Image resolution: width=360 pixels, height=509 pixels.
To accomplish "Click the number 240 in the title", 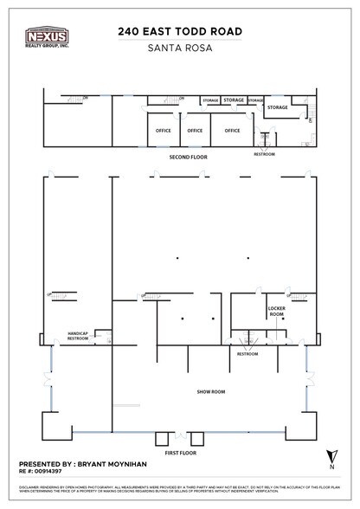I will (130, 31).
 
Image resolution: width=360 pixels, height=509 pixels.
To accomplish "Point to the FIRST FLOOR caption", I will (179, 452).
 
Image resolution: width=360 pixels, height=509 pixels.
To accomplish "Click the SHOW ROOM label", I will (210, 391).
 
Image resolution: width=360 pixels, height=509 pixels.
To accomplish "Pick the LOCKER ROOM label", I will (277, 311).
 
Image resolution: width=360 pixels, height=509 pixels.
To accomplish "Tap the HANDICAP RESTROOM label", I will (79, 335).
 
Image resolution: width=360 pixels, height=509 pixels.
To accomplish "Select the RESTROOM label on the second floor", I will (264, 153).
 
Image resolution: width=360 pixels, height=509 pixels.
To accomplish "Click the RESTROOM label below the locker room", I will (247, 353).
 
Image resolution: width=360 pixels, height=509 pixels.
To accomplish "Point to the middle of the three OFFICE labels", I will (196, 130).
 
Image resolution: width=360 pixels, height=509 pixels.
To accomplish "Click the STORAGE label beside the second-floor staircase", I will (277, 107).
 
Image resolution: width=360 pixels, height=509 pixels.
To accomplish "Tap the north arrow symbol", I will (331, 455).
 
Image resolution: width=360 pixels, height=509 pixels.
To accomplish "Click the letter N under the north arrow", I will (331, 468).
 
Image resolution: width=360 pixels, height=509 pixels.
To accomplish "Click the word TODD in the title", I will (190, 31).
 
